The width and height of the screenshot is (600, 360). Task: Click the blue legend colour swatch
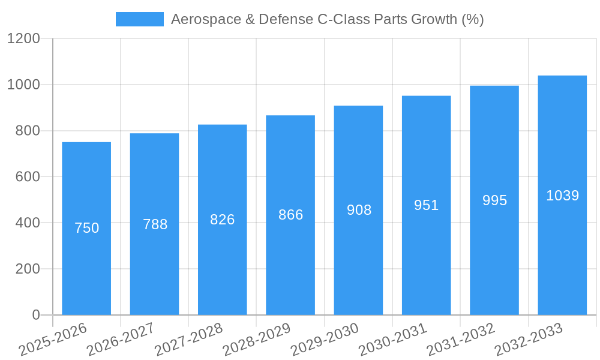(x=139, y=19)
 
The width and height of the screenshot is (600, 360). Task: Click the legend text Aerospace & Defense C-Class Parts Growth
(x=327, y=19)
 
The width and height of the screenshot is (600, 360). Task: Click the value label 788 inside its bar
(x=155, y=224)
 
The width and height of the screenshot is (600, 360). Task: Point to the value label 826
(x=222, y=220)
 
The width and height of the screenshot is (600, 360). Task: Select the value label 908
(x=359, y=210)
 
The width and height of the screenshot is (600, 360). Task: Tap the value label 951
(x=426, y=205)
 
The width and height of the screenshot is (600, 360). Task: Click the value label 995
(x=494, y=200)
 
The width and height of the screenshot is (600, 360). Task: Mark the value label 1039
(x=562, y=196)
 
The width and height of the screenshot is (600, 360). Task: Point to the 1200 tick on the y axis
(x=23, y=39)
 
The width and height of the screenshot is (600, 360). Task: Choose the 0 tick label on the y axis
(x=35, y=315)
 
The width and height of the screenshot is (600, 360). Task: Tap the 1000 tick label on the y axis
(x=23, y=85)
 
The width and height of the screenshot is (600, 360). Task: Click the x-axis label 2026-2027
(x=121, y=340)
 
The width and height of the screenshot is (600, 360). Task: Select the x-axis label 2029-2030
(x=325, y=340)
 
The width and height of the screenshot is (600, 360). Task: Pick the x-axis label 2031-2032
(x=461, y=340)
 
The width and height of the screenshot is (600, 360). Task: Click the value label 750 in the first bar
(x=86, y=228)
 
